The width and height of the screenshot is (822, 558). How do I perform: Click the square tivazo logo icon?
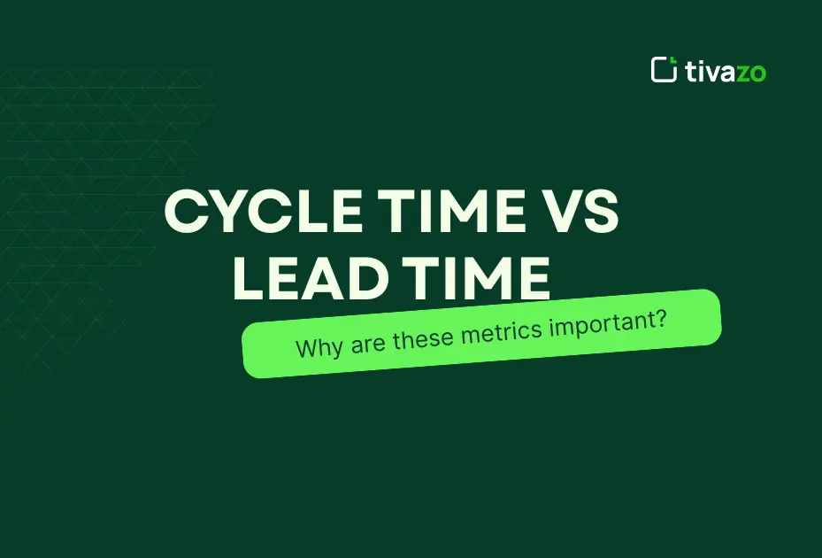click(664, 69)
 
